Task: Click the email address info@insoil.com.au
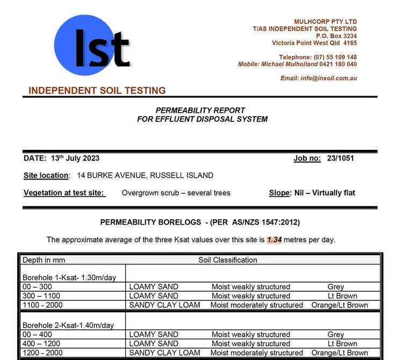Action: pyautogui.click(x=328, y=78)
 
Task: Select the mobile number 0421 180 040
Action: pyautogui.click(x=339, y=64)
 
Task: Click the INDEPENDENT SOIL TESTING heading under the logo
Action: pyautogui.click(x=97, y=90)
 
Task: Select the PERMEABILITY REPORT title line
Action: pyautogui.click(x=200, y=111)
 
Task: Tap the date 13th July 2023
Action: pyautogui.click(x=75, y=159)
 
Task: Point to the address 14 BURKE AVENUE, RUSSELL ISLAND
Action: pyautogui.click(x=145, y=176)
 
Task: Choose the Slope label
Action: pyautogui.click(x=279, y=193)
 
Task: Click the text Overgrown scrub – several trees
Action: pyautogui.click(x=176, y=193)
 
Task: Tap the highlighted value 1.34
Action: pyautogui.click(x=275, y=240)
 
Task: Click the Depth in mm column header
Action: pyautogui.click(x=44, y=260)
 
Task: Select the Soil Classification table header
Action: pyautogui.click(x=228, y=260)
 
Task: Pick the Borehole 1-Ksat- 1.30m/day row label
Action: pyautogui.click(x=69, y=278)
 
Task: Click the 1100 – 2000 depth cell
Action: pyautogui.click(x=42, y=305)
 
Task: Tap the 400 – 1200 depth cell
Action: pyautogui.click(x=41, y=344)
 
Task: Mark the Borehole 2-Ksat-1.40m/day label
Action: pyautogui.click(x=68, y=326)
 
